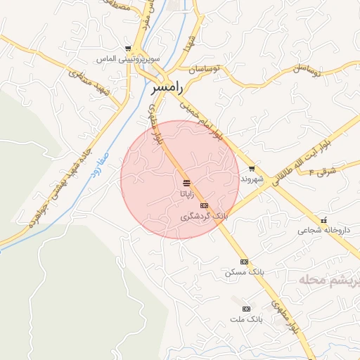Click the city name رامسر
169,89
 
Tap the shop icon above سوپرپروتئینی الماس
127,49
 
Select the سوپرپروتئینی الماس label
129,59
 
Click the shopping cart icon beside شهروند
252,169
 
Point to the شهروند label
252,179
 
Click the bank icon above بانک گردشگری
205,205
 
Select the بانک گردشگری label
205,216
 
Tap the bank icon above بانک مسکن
244,262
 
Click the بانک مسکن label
244,271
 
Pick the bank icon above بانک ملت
246,309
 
